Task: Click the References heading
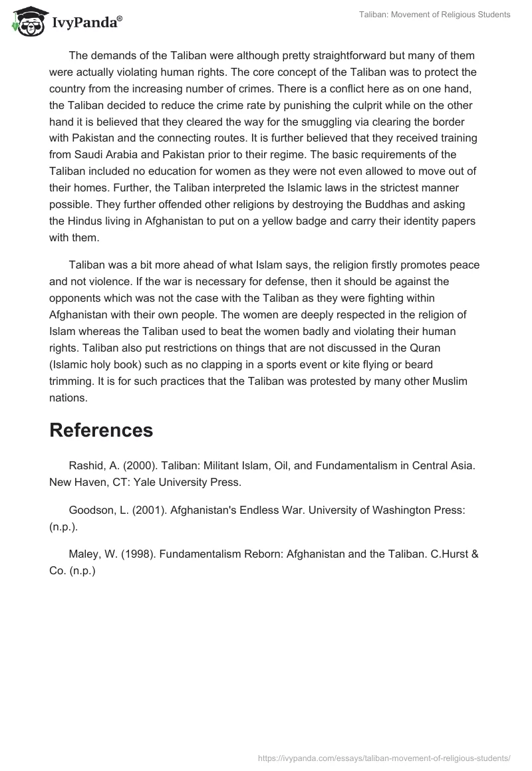(x=101, y=430)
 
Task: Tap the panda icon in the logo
(x=25, y=21)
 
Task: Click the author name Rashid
(x=86, y=465)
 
